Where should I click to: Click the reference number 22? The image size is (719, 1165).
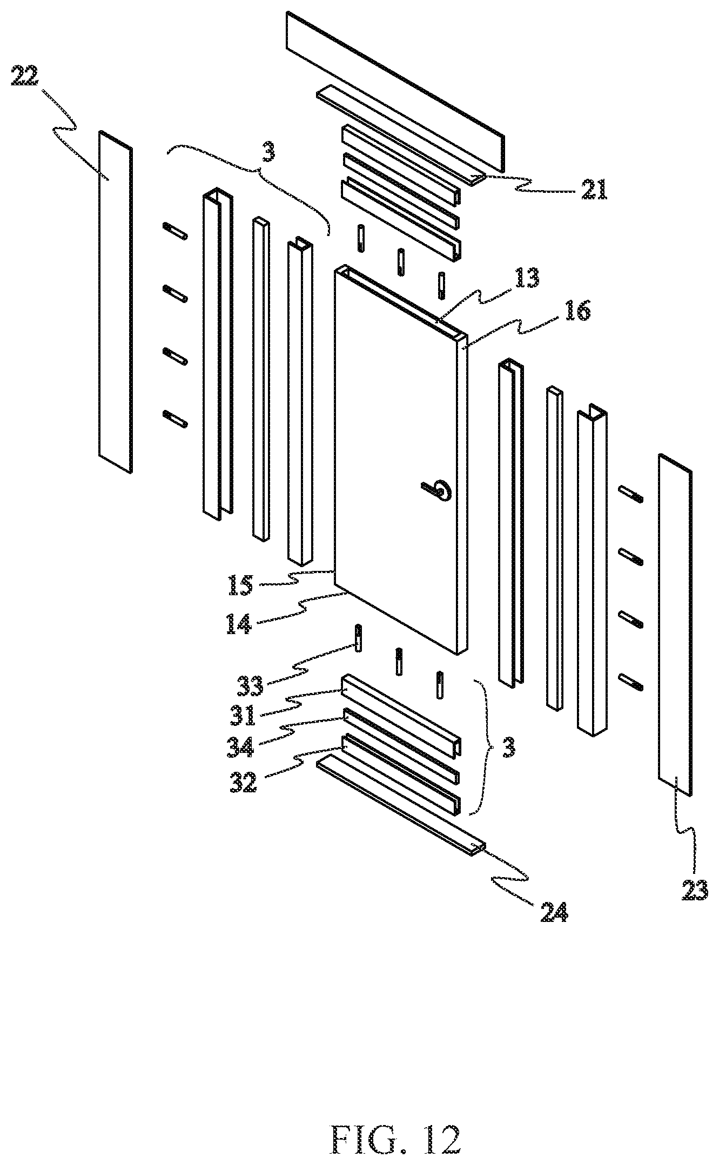coord(25,77)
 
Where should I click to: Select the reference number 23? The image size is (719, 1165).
coord(695,890)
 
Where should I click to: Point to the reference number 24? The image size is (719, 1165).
coord(554,912)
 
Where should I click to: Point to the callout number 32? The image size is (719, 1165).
coord(244,781)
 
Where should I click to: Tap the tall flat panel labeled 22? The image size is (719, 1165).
coord(116,301)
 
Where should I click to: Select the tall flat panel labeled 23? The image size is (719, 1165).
coord(675,625)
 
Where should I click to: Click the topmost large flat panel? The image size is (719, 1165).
coord(397,92)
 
